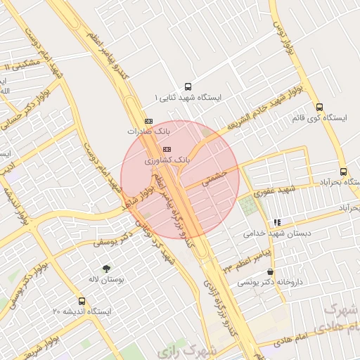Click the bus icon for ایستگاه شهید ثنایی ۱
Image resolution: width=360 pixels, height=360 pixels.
[187, 86]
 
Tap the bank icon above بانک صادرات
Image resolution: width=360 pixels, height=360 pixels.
[148, 121]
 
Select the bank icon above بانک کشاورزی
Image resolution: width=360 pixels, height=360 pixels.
[167, 150]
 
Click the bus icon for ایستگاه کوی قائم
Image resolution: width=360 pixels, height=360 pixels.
[320, 108]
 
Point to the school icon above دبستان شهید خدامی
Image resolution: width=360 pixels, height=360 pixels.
[277, 222]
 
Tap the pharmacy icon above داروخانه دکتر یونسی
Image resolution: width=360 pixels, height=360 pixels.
[271, 271]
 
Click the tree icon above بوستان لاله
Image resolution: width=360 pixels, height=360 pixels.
[106, 269]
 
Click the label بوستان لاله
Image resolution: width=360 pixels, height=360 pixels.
[107, 279]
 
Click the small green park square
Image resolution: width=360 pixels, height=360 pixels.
[248, 206]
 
